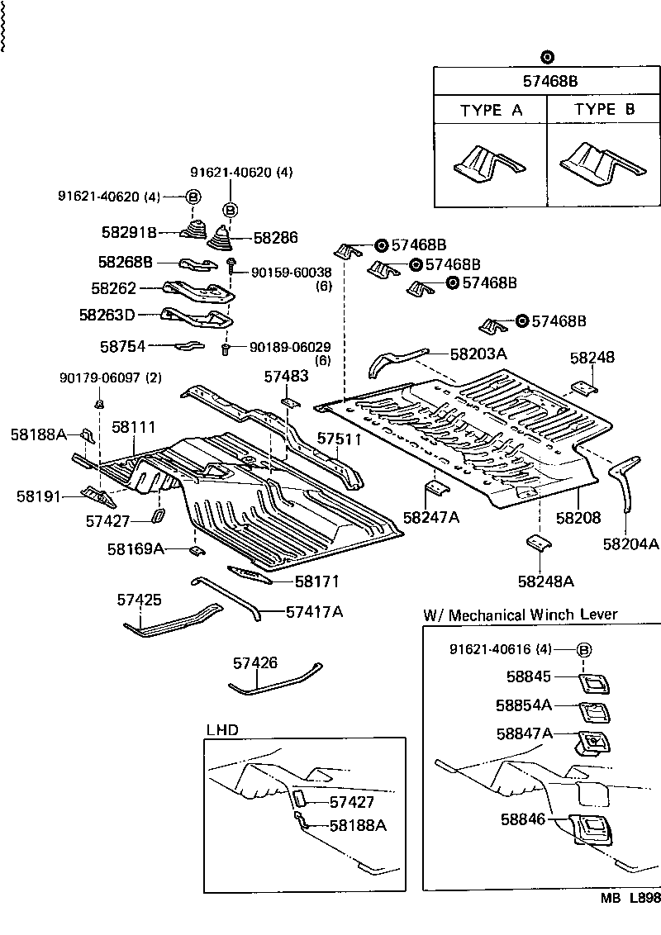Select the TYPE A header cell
[491, 110]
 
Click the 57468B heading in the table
[547, 81]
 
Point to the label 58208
[578, 518]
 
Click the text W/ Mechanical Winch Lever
[520, 615]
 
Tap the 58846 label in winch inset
[523, 820]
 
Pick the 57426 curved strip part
[275, 680]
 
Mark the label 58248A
[545, 581]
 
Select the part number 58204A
[630, 543]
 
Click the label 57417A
[314, 611]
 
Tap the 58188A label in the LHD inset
[358, 824]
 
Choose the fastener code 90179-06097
[100, 377]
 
